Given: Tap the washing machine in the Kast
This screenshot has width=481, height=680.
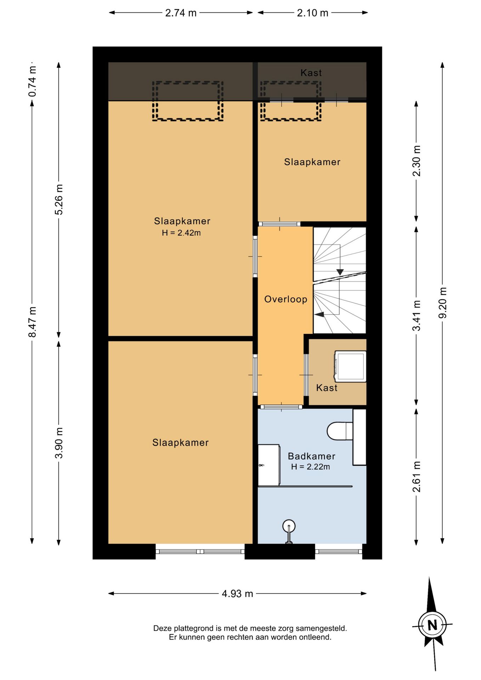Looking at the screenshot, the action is pyautogui.click(x=350, y=366).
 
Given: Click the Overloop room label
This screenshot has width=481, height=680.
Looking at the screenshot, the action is pyautogui.click(x=286, y=299).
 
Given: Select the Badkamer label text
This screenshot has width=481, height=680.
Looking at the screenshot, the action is pyautogui.click(x=311, y=456).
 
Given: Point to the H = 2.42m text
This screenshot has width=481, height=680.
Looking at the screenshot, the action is pyautogui.click(x=181, y=233).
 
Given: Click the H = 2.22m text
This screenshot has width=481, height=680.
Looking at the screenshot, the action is pyautogui.click(x=311, y=467).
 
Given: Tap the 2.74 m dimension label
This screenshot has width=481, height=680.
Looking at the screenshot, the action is pyautogui.click(x=181, y=13).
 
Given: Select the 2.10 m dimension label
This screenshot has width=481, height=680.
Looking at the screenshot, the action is pyautogui.click(x=312, y=13).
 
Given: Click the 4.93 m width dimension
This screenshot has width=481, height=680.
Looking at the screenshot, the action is pyautogui.click(x=237, y=594).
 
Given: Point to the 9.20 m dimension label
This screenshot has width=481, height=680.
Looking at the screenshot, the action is pyautogui.click(x=442, y=303).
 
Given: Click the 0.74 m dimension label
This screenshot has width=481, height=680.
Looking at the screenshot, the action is pyautogui.click(x=32, y=81).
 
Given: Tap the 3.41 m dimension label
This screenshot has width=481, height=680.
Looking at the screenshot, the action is pyautogui.click(x=417, y=316).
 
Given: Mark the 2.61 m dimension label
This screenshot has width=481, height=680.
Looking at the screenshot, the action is pyautogui.click(x=417, y=477).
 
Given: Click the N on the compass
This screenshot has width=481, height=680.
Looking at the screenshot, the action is pyautogui.click(x=432, y=625).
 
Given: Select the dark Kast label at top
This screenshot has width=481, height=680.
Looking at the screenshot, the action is pyautogui.click(x=311, y=73).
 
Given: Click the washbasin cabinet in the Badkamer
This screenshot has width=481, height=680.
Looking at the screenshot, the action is pyautogui.click(x=269, y=465).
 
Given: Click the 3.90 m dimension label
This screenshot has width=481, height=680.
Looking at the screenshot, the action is pyautogui.click(x=59, y=443).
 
